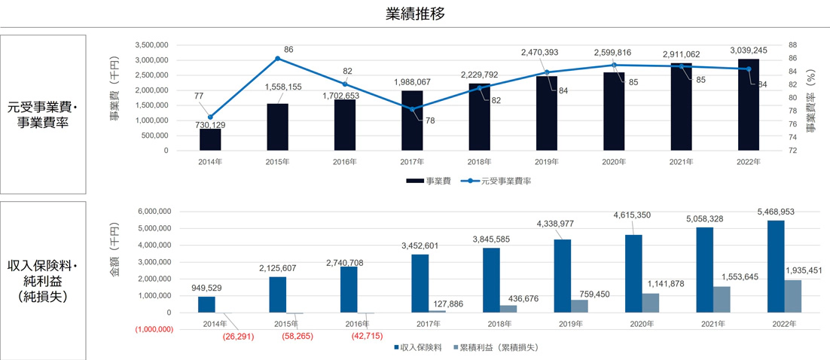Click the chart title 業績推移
click(414, 14)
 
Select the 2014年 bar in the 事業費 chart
click(210, 139)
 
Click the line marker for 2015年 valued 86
click(277, 59)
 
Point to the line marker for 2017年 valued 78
click(413, 110)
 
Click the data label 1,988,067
click(412, 82)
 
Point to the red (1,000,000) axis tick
click(155, 329)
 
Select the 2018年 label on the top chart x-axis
click(479, 162)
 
